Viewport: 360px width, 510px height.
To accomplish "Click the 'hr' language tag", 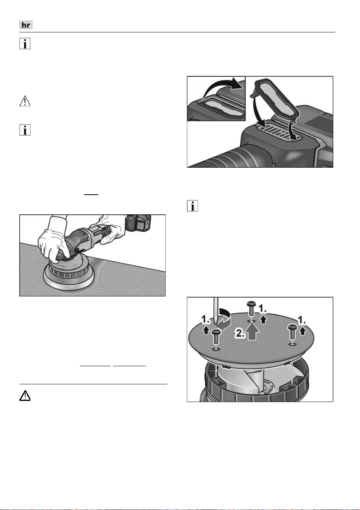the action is coord(26,25).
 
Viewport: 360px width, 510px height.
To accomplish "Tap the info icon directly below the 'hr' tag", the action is coord(25,44).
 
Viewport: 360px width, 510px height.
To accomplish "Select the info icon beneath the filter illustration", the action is coord(192,206).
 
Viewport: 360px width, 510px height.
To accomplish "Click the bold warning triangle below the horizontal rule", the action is coord(25,396).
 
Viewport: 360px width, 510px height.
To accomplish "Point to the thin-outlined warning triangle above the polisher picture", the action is coord(25,101).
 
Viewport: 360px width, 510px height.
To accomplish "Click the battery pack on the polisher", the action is coord(139,223).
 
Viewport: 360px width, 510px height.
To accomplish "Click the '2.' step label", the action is coord(240,333).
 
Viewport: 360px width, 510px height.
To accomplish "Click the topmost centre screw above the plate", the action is coord(251,308).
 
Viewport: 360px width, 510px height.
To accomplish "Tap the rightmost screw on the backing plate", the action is coord(292,332).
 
